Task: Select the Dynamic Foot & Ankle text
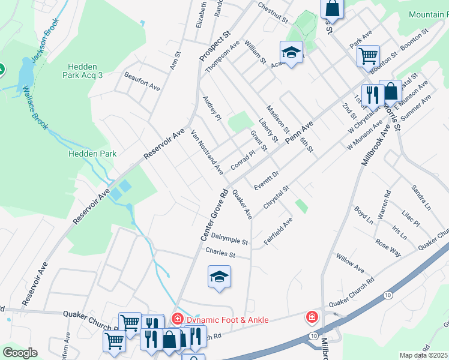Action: pos(228,320)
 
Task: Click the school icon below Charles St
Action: pos(220,277)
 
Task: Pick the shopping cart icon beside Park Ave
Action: pos(368,56)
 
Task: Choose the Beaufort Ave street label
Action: pos(142,82)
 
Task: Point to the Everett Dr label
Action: pos(267,179)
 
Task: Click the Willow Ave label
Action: pos(351,262)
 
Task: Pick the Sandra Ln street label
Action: pos(420,196)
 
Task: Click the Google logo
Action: pos(20,353)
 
